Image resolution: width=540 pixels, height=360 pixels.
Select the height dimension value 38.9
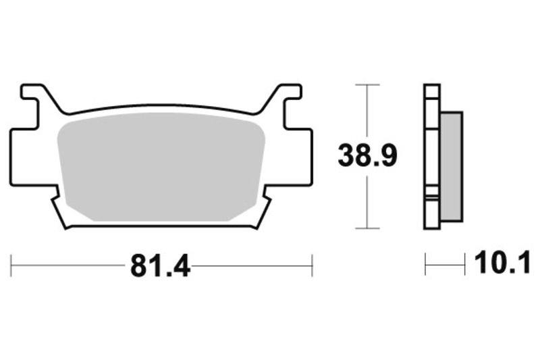tap(367, 157)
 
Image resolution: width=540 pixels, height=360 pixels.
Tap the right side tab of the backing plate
tap(305, 155)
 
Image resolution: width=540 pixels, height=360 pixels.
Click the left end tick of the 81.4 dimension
tap(11, 265)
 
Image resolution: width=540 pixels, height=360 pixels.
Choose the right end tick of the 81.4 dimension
tap(312, 265)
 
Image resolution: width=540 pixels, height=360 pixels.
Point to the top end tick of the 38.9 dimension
tap(367, 85)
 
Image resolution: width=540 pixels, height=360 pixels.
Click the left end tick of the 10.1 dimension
tap(425, 265)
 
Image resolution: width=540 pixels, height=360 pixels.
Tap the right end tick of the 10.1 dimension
tap(464, 265)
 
